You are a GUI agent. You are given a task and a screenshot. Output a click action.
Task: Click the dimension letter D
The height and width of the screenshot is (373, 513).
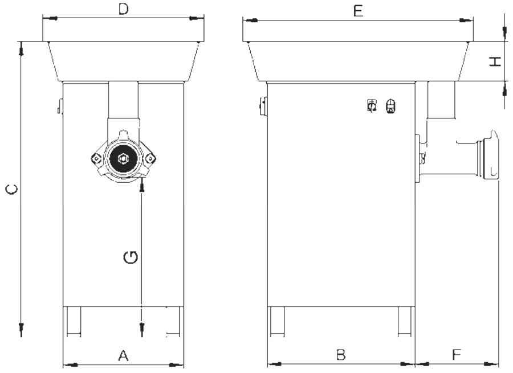pyautogui.click(x=123, y=9)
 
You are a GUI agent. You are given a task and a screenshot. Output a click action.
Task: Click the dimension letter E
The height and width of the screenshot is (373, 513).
pyautogui.click(x=359, y=11)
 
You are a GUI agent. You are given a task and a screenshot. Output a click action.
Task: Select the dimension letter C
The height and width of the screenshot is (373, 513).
pyautogui.click(x=13, y=189)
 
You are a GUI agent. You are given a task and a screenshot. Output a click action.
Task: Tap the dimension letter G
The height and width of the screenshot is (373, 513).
pyautogui.click(x=131, y=257)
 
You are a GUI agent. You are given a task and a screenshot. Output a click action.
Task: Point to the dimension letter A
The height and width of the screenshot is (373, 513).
pyautogui.click(x=123, y=355)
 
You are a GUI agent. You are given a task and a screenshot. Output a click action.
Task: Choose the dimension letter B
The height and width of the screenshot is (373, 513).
pyautogui.click(x=341, y=355)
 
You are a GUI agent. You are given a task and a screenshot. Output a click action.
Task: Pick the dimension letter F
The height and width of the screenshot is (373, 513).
pyautogui.click(x=457, y=354)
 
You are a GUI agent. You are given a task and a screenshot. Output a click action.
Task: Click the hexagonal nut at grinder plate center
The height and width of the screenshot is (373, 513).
pyautogui.click(x=123, y=158)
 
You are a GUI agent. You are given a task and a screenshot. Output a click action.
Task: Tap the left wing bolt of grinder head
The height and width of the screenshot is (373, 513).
pyautogui.click(x=96, y=158)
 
